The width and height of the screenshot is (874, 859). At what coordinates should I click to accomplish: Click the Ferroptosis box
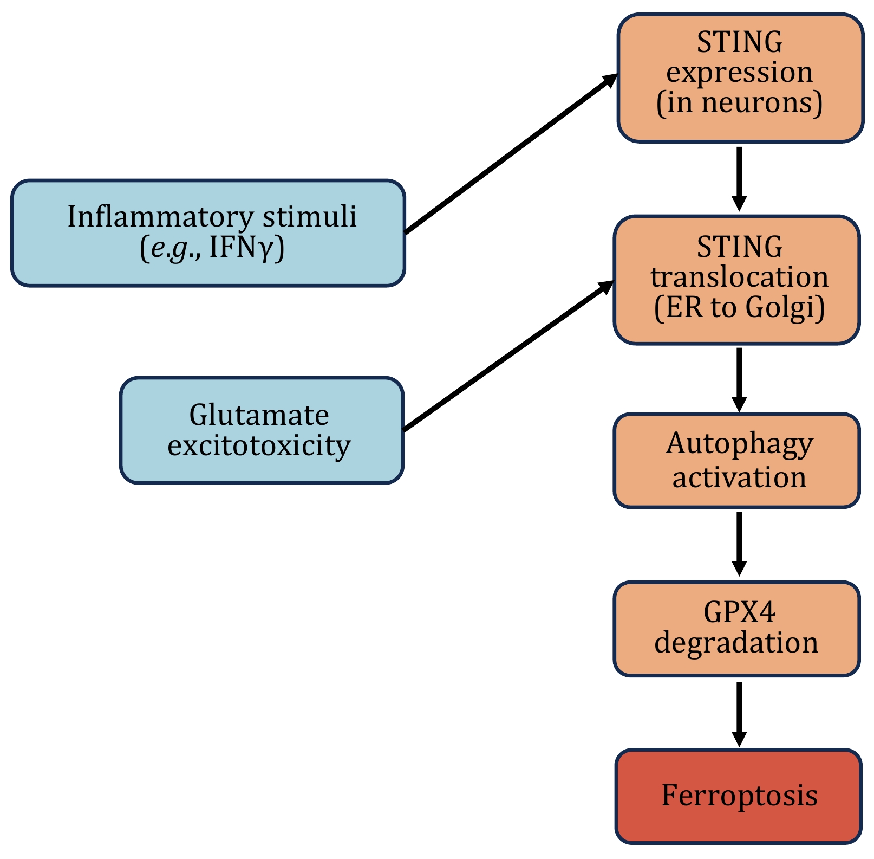(x=738, y=796)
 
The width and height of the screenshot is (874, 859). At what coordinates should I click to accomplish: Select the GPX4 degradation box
(x=736, y=629)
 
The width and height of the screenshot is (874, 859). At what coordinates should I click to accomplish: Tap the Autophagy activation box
(x=736, y=461)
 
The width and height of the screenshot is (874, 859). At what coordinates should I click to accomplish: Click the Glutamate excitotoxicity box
(x=262, y=430)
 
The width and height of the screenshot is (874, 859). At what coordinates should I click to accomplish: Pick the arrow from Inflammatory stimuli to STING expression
(x=512, y=153)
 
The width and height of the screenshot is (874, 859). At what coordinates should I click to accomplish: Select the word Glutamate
(x=259, y=415)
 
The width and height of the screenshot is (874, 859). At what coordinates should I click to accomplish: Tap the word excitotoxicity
(x=259, y=446)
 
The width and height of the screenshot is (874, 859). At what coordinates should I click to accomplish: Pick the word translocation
(x=739, y=277)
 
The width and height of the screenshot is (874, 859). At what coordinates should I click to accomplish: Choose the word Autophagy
(x=739, y=444)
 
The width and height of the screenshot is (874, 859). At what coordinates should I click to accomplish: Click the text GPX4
(x=739, y=612)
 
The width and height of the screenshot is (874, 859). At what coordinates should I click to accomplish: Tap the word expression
(x=739, y=73)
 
